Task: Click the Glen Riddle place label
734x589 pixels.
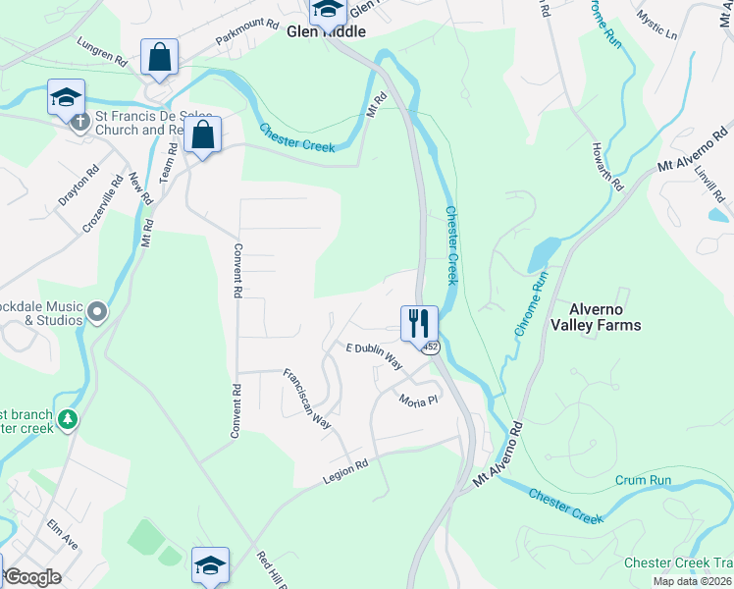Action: pyautogui.click(x=326, y=31)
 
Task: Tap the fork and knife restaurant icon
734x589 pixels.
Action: pyautogui.click(x=419, y=321)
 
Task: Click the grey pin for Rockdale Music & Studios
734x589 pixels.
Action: pyautogui.click(x=96, y=312)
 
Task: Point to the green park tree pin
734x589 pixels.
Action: pyautogui.click(x=67, y=420)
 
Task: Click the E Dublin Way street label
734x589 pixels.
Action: pyautogui.click(x=375, y=354)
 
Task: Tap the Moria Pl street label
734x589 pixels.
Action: pyautogui.click(x=417, y=401)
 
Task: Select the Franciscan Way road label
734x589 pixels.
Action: pyautogui.click(x=307, y=399)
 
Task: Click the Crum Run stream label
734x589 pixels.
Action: pyautogui.click(x=643, y=480)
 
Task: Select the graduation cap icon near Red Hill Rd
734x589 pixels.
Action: pyautogui.click(x=210, y=565)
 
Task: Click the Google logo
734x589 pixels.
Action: pyautogui.click(x=33, y=577)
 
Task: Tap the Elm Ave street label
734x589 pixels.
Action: pyautogui.click(x=62, y=534)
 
